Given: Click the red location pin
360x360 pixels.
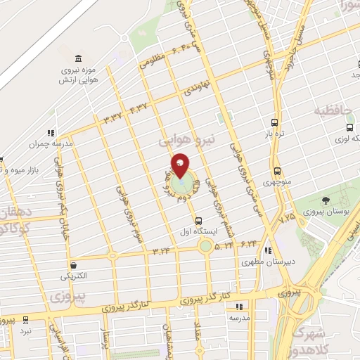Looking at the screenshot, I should [x=181, y=165].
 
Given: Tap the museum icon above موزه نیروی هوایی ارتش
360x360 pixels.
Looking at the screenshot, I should [x=77, y=57].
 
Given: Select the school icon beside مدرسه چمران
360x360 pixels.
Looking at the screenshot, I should [x=51, y=131].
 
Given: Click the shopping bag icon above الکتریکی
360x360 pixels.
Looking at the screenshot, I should [x=73, y=265].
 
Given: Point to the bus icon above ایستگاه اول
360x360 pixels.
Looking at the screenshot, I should [x=198, y=220].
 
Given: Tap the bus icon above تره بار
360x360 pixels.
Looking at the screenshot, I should [x=274, y=122].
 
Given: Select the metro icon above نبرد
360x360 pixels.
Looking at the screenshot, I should [x=26, y=319].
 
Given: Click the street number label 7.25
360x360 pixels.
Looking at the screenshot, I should [x=288, y=219].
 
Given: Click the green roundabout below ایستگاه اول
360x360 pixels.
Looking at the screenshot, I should [x=205, y=246].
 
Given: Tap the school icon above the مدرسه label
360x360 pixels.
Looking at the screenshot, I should [x=239, y=307].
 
